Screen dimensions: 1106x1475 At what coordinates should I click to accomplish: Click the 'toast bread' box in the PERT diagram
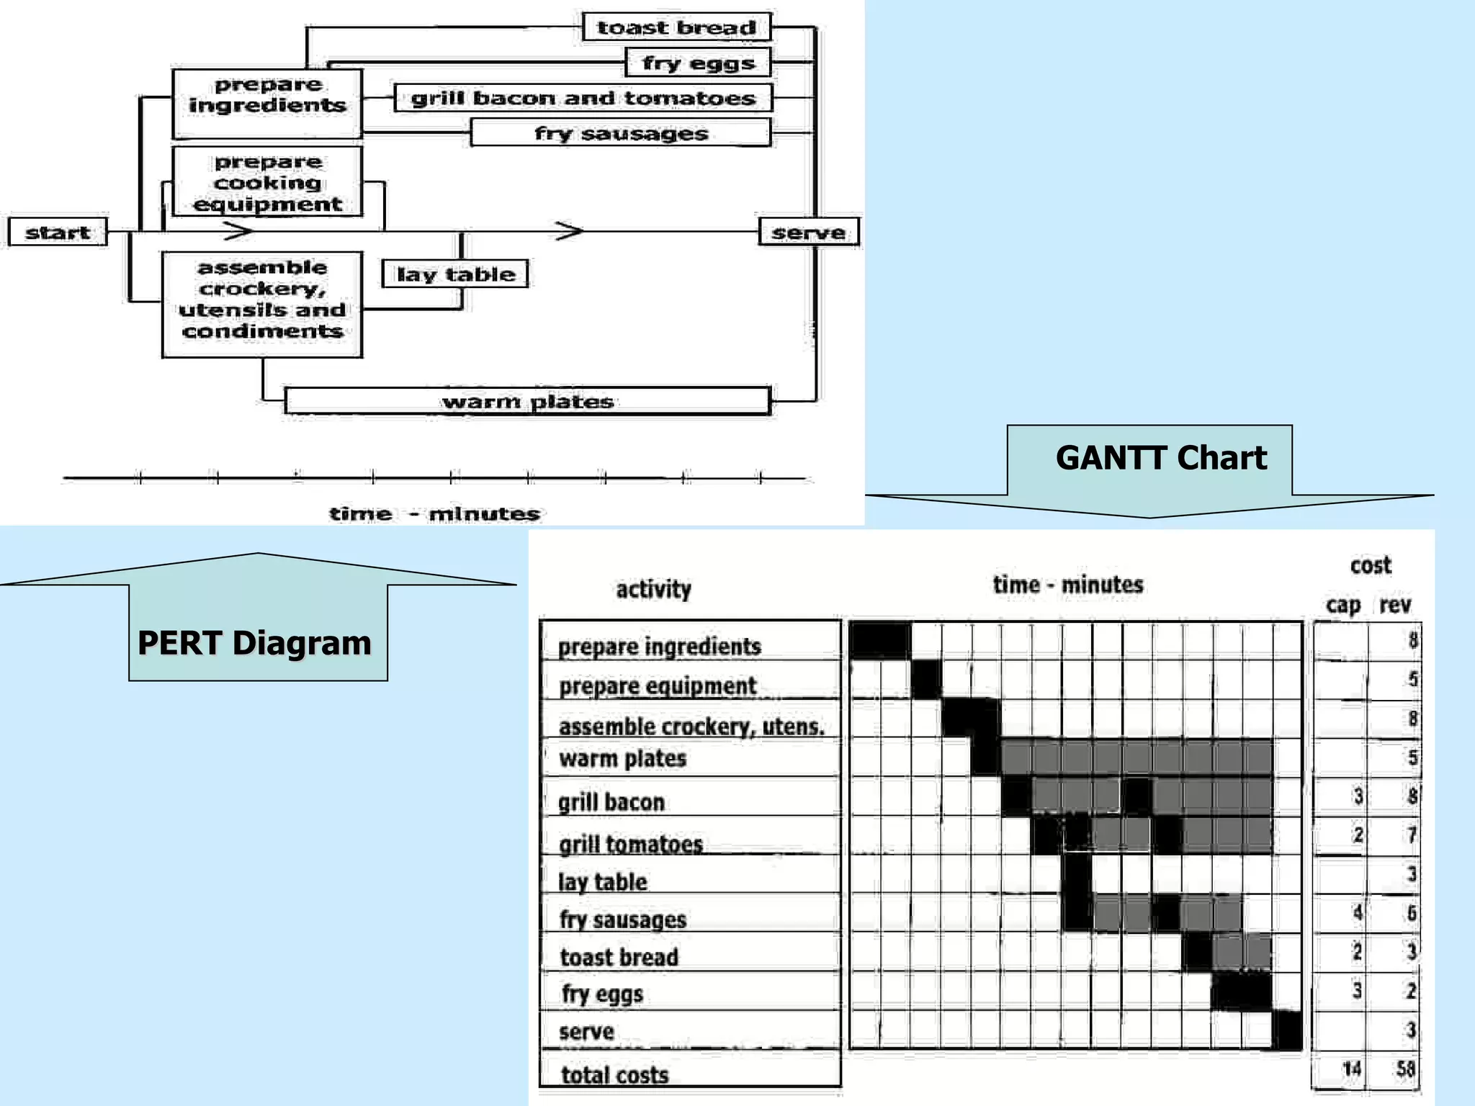(x=676, y=27)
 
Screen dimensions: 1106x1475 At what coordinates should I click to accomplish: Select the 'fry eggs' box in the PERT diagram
(x=698, y=63)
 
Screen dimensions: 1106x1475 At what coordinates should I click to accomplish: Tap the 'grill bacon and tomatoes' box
(x=583, y=98)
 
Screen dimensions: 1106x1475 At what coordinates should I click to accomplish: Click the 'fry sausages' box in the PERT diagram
(x=621, y=133)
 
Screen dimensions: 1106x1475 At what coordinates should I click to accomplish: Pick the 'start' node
(x=58, y=233)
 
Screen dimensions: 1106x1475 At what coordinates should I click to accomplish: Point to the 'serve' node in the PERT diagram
(x=809, y=233)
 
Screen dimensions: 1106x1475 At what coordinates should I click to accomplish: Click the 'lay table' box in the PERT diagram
(x=455, y=274)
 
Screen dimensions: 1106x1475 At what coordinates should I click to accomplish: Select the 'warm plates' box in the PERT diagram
(x=527, y=401)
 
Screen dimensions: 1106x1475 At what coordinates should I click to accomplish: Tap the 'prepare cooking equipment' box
(x=267, y=182)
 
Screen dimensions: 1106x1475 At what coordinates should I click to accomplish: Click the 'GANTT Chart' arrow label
(x=1160, y=458)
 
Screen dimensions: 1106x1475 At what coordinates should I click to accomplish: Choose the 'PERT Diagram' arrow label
(x=254, y=642)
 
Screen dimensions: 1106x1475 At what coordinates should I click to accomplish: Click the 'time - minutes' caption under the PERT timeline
(x=434, y=513)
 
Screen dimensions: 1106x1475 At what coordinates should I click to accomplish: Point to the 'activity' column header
(x=653, y=589)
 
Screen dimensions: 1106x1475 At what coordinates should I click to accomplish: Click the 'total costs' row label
(x=615, y=1075)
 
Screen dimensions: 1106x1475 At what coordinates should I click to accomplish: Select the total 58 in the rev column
(x=1405, y=1069)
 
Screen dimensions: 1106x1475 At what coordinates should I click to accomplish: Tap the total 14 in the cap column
(x=1352, y=1069)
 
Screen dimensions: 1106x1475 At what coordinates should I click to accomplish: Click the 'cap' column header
(x=1343, y=605)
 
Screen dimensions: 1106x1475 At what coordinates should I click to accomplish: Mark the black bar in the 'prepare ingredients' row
(x=880, y=640)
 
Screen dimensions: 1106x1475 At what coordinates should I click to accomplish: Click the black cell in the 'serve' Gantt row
(x=1287, y=1030)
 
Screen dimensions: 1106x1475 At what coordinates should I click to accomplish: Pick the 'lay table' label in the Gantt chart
(x=603, y=881)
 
